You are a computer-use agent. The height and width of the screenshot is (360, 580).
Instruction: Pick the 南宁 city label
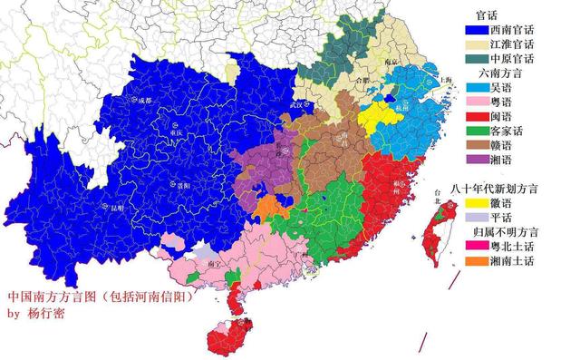(215, 263)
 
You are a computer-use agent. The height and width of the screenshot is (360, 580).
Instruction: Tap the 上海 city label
(445, 81)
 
